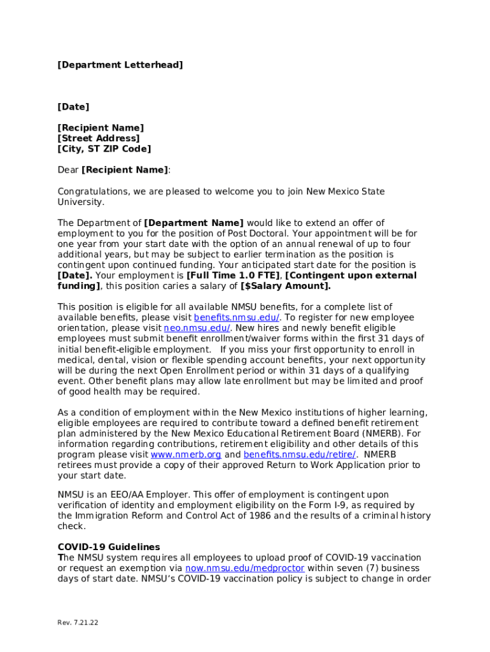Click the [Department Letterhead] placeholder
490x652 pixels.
coord(120,65)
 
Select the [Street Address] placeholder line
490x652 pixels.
coord(99,138)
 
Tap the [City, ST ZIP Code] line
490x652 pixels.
coord(104,149)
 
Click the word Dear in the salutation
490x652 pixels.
coord(68,170)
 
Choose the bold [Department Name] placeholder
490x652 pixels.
coord(194,223)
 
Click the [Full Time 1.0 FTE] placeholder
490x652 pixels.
coord(233,276)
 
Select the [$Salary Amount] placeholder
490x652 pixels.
coord(285,286)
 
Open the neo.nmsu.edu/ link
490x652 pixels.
coord(197,328)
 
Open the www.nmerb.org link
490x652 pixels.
coord(186,455)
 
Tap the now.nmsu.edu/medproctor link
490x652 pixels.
coord(245,568)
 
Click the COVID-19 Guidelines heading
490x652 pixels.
coord(109,547)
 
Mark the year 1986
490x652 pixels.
coord(260,516)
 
